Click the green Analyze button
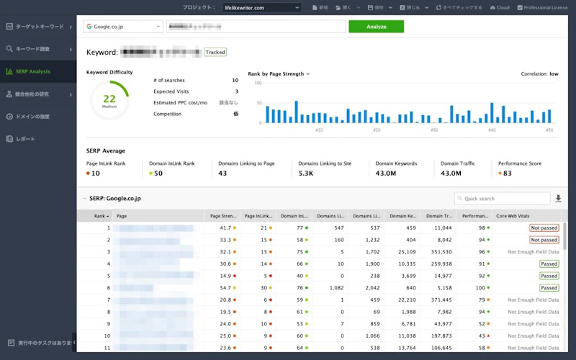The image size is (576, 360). (376, 27)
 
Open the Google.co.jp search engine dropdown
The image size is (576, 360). (123, 27)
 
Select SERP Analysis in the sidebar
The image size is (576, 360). (33, 71)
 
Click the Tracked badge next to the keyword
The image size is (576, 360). (215, 53)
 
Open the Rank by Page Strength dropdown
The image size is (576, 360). (279, 73)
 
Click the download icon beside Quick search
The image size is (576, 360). (558, 198)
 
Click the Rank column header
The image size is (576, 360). (100, 216)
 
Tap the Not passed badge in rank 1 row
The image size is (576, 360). (544, 228)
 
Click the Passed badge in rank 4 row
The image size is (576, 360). (549, 264)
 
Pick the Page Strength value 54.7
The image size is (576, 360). (225, 288)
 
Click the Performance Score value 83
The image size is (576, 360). (508, 174)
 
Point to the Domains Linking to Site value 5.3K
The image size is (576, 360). (306, 174)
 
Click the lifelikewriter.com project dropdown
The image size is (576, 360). (261, 8)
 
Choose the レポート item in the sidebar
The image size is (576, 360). (25, 138)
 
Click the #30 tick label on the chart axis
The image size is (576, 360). (434, 130)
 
